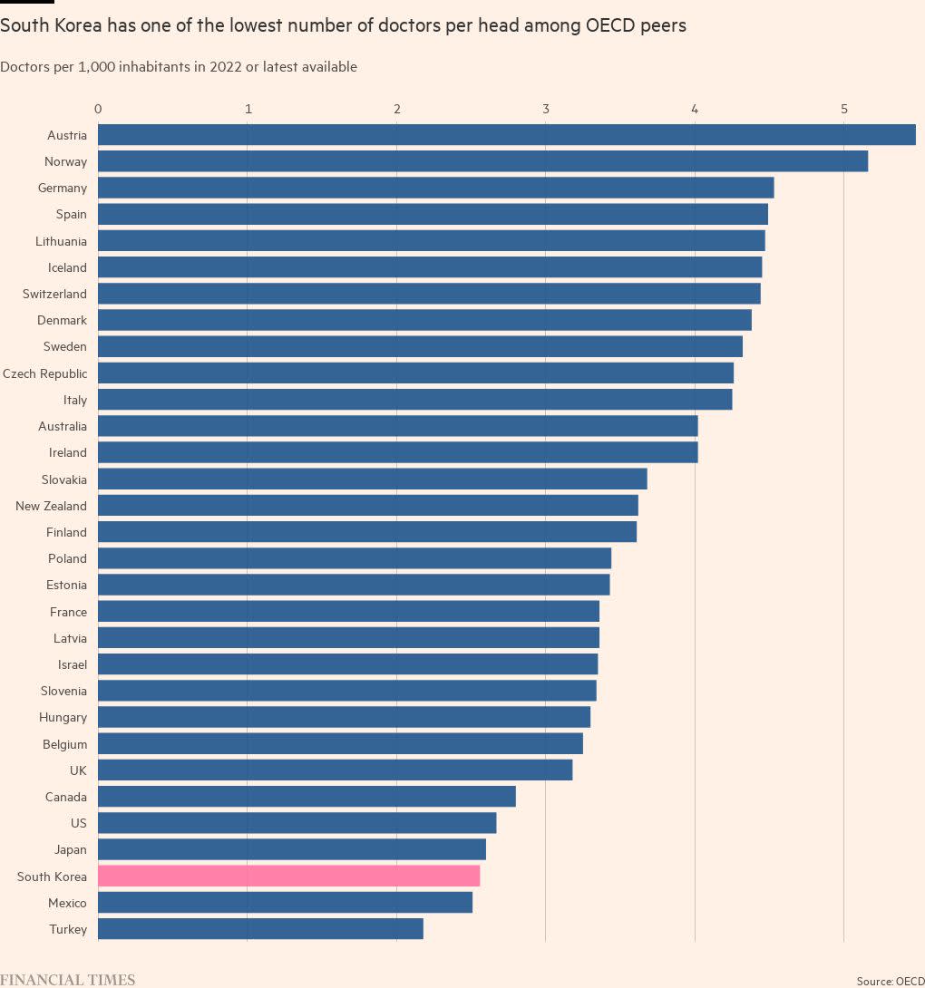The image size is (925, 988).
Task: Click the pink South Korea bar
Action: [288, 876]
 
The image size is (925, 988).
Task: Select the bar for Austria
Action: [507, 135]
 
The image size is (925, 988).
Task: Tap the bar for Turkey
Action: [260, 929]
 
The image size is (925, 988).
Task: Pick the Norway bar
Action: [483, 161]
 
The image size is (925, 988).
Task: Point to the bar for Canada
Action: [307, 797]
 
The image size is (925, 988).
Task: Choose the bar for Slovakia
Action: [373, 479]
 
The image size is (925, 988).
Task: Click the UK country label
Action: [78, 770]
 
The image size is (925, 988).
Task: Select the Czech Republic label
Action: [44, 373]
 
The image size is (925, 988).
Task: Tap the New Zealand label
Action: [51, 506]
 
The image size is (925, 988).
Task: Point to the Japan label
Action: [71, 850]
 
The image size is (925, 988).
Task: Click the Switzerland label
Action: [54, 295]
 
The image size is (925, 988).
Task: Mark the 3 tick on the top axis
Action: [546, 109]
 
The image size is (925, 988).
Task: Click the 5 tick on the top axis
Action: [843, 109]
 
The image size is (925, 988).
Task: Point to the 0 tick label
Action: [98, 109]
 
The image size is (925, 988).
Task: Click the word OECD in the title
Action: [610, 26]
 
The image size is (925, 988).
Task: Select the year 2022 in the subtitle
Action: [226, 67]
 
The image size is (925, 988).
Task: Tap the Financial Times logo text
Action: [67, 980]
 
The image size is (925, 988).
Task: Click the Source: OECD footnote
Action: [891, 981]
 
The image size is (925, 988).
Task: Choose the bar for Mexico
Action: [285, 902]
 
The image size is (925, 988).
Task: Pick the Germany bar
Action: [435, 188]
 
